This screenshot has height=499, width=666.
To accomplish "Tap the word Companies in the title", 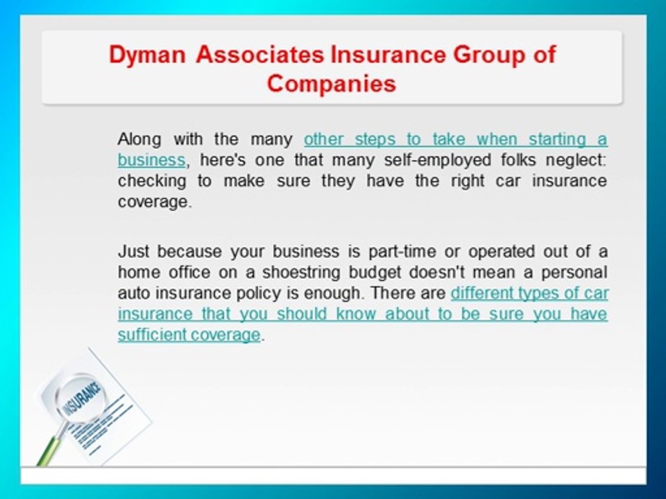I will pyautogui.click(x=332, y=84).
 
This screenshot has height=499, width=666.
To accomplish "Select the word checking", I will pyautogui.click(x=143, y=181).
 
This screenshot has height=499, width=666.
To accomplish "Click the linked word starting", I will pyautogui.click(x=554, y=139).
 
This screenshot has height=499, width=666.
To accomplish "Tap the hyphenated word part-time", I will pyautogui.click(x=399, y=251).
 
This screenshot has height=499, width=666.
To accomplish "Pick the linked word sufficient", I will pyautogui.click(x=150, y=335).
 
